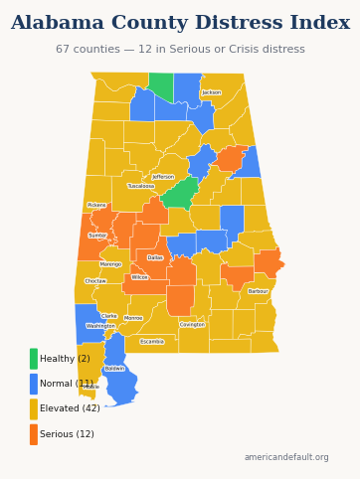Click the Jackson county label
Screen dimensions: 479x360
(x=211, y=92)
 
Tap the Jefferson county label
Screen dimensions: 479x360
(x=163, y=177)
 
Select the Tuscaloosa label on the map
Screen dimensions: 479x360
(x=141, y=186)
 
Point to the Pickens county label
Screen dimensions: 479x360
(x=96, y=205)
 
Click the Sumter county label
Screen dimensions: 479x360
(x=97, y=236)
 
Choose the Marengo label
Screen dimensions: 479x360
(x=110, y=264)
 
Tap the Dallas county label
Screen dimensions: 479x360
(x=155, y=257)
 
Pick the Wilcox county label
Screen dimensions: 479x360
(x=139, y=277)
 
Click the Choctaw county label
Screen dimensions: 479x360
(x=95, y=281)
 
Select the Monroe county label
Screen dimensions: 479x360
(x=133, y=318)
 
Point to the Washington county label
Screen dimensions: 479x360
(x=100, y=326)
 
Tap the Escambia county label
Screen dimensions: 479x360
(x=152, y=342)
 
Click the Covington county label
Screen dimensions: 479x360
(x=192, y=324)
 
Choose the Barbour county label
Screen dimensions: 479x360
(x=258, y=291)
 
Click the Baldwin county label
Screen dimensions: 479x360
(x=114, y=369)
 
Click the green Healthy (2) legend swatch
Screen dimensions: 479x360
(x=34, y=359)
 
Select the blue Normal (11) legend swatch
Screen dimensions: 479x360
(x=34, y=384)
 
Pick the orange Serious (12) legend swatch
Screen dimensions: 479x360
(x=34, y=434)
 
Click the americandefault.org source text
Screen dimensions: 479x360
(x=286, y=457)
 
